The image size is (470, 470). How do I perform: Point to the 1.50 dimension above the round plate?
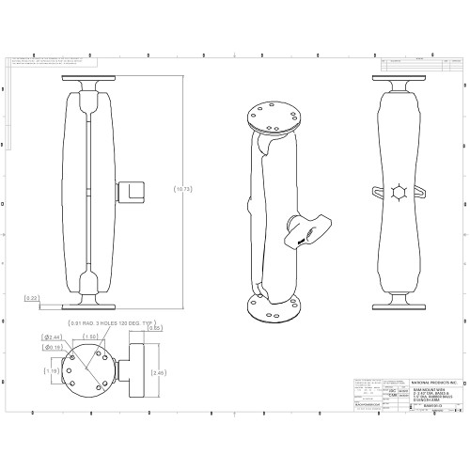coord(92,335)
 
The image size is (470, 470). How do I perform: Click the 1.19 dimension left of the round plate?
coord(54,371)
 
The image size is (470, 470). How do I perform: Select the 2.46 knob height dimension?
coord(159,372)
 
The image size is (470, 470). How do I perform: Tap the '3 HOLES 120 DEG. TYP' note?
coord(104,323)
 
